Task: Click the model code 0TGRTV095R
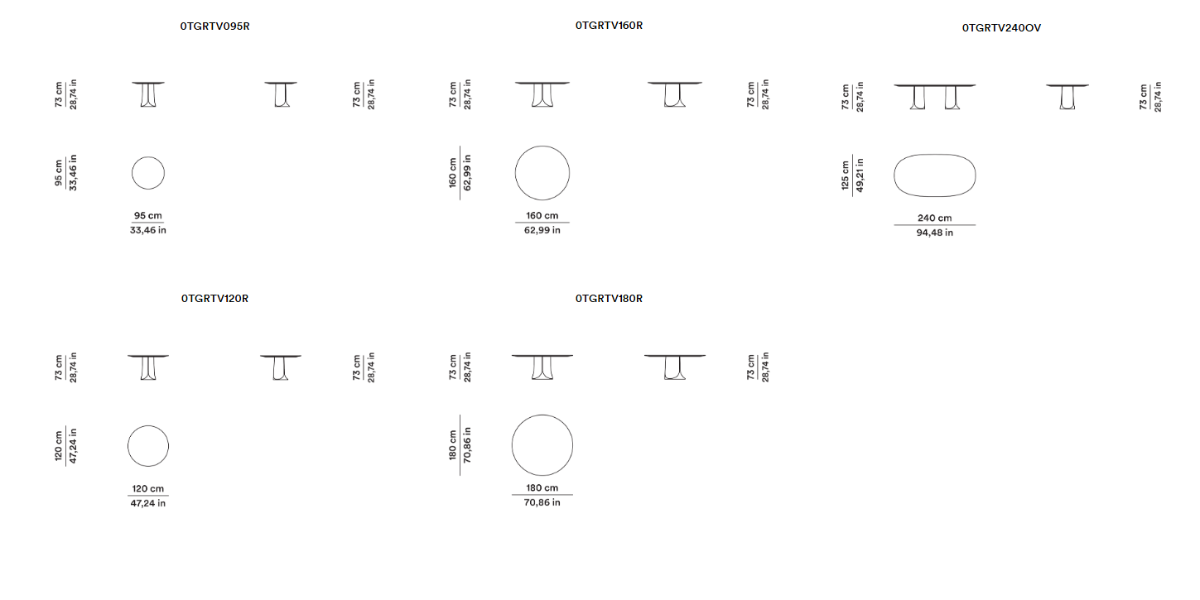tap(214, 26)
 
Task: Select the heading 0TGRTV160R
tap(609, 25)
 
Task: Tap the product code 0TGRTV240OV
tap(1001, 28)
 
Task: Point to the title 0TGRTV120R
tap(214, 299)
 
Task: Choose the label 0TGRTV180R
tap(609, 299)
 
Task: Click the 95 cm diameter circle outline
tap(148, 173)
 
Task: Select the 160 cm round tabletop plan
tap(542, 173)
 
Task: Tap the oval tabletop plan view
tap(935, 175)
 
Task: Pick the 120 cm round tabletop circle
tap(148, 446)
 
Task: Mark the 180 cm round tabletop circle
tap(542, 445)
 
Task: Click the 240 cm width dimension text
tap(935, 218)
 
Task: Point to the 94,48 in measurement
tap(935, 233)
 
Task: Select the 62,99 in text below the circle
tap(542, 230)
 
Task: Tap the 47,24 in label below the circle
tap(148, 503)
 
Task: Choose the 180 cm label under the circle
tap(542, 487)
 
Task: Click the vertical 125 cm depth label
tap(846, 175)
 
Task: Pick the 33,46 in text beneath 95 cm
tap(148, 230)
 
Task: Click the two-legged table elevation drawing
tap(935, 97)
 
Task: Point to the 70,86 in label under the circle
tap(542, 502)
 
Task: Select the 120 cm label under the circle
tap(148, 488)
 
